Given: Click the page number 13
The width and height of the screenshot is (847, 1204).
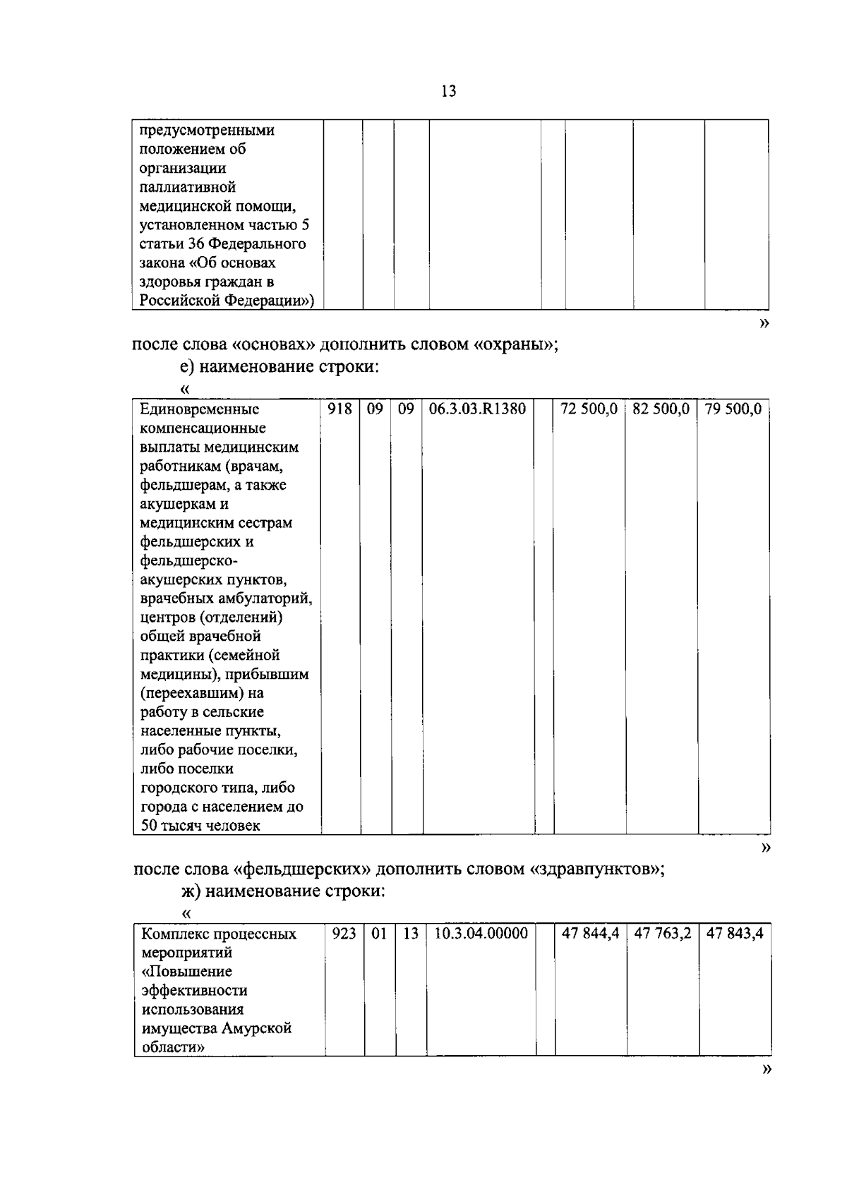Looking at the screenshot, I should click(x=448, y=91).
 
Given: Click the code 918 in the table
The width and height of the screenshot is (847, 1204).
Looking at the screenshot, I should click(x=340, y=409).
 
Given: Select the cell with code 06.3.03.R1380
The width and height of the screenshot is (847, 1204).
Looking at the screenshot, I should click(x=476, y=409).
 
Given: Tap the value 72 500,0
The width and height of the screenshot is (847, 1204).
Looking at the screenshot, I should click(x=589, y=409).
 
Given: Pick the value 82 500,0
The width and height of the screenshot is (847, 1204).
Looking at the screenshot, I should click(x=661, y=409).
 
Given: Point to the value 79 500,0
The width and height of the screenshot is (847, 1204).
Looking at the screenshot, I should click(x=733, y=409).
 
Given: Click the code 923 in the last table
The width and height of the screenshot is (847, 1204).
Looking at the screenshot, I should click(x=344, y=934).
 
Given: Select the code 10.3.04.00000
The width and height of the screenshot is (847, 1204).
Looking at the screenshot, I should click(x=481, y=934).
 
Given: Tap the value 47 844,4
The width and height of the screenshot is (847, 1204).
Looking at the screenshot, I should click(x=590, y=934).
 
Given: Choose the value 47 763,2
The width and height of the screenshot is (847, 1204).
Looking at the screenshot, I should click(x=662, y=934).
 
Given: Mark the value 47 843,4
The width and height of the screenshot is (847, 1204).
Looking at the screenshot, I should click(x=734, y=934).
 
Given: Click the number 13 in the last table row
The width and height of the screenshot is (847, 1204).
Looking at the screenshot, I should click(x=411, y=934).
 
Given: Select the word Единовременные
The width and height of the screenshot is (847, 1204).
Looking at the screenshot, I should click(x=200, y=409).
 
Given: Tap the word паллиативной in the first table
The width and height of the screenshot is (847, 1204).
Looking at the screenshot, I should click(x=187, y=187).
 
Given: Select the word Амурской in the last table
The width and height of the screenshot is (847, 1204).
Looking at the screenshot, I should click(x=257, y=1028).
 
